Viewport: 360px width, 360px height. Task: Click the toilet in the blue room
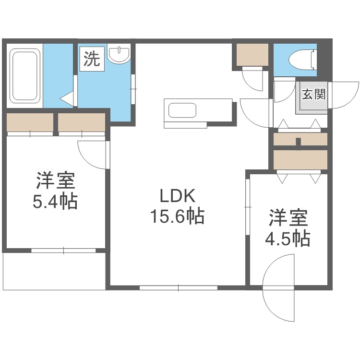click(302, 60)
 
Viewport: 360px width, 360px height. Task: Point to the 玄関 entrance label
click(313, 94)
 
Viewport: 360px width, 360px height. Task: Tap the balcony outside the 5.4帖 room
click(54, 270)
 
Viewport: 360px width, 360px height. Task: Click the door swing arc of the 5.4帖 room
click(93, 155)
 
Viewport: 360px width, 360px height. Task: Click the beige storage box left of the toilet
click(253, 56)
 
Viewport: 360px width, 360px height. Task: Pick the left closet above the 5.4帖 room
click(30, 122)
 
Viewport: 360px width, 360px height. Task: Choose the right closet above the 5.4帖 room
click(81, 122)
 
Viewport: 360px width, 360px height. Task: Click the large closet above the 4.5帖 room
click(300, 159)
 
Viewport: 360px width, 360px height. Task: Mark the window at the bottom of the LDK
click(179, 288)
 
